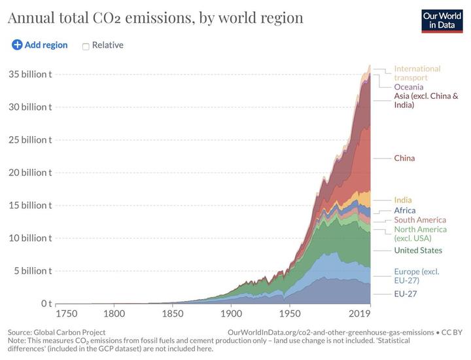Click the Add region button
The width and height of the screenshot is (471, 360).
[x=40, y=45]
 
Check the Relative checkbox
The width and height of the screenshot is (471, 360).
[x=86, y=46]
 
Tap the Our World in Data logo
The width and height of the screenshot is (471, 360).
[x=442, y=21]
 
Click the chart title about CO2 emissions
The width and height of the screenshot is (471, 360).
[x=155, y=18]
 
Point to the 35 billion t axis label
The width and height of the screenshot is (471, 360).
[x=30, y=74]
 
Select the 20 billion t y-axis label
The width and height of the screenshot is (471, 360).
[x=30, y=172]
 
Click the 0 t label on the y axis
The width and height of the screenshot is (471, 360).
[x=46, y=303]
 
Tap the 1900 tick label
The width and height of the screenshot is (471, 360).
[x=231, y=314]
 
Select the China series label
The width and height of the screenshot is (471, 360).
[x=404, y=158]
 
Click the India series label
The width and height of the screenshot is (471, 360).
[x=403, y=200]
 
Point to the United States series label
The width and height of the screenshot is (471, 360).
[x=418, y=250]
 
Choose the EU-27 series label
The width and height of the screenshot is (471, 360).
[x=405, y=293]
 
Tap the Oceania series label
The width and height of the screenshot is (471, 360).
[x=409, y=86]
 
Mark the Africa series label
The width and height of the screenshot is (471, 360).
[x=405, y=210]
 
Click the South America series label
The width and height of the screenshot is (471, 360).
[x=420, y=220]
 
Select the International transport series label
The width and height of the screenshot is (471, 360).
[x=417, y=73]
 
